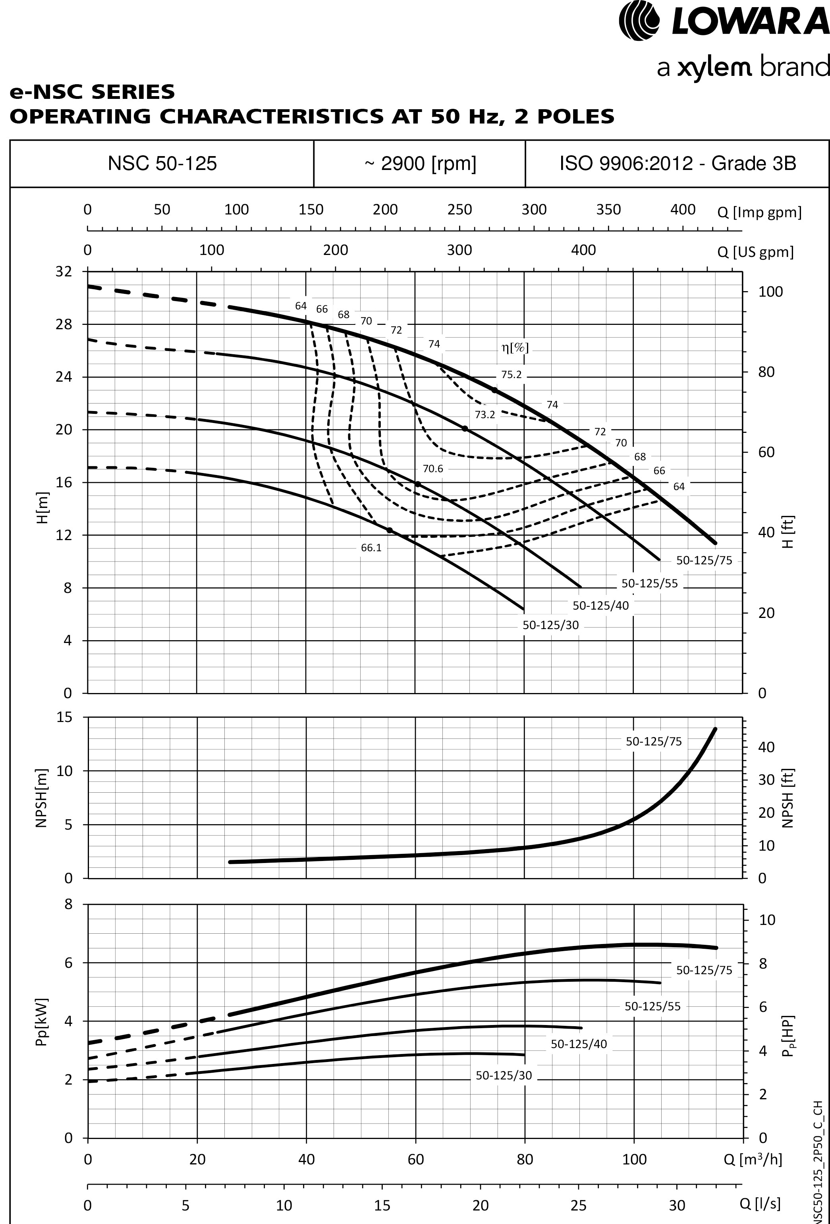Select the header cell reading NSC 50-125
[x=162, y=164]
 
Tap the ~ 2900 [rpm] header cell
[x=420, y=164]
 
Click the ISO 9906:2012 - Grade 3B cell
[x=677, y=164]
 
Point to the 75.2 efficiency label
[x=511, y=375]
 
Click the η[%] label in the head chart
[x=515, y=348]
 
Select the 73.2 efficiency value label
[x=484, y=415]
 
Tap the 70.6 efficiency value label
[x=432, y=469]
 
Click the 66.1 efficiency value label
[x=371, y=548]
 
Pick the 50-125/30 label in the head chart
[x=550, y=625]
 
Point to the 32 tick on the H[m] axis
[x=63, y=272]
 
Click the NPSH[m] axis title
[x=42, y=798]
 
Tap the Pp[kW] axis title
[x=42, y=1022]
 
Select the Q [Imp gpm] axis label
[x=759, y=213]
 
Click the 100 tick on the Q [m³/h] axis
[x=634, y=1159]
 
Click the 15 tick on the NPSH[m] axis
[x=64, y=717]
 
